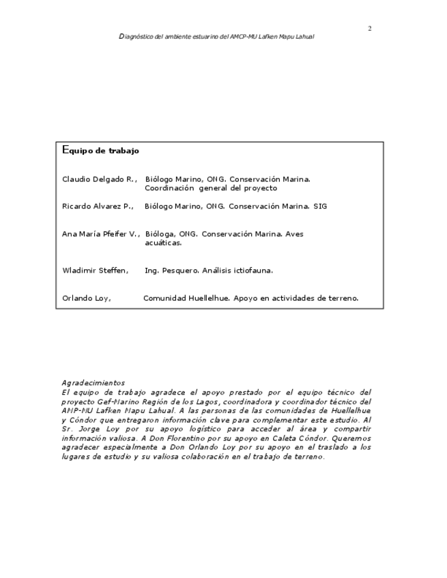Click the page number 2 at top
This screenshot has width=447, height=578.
click(x=369, y=28)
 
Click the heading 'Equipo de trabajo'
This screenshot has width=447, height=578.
click(x=100, y=149)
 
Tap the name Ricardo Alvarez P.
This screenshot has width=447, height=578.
click(x=98, y=206)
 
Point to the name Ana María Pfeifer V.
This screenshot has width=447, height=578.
click(x=100, y=234)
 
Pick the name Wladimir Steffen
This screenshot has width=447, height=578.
click(x=95, y=271)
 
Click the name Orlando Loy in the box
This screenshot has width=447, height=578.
click(x=87, y=298)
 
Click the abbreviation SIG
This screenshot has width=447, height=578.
click(x=319, y=206)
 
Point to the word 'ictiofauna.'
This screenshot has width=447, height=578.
click(x=252, y=271)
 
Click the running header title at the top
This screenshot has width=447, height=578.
click(x=216, y=37)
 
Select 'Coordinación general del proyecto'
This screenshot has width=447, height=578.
click(x=211, y=187)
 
